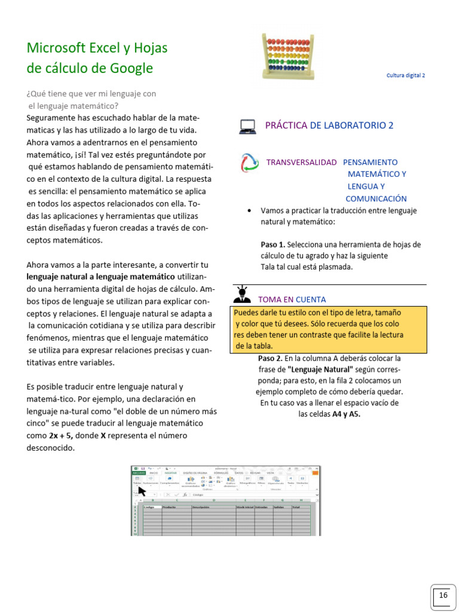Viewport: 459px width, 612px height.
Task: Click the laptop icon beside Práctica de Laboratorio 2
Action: point(247,126)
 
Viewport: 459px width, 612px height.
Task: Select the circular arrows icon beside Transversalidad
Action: point(249,163)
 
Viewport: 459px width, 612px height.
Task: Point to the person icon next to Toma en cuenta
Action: point(242,294)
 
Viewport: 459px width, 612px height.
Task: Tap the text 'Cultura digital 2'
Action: point(406,76)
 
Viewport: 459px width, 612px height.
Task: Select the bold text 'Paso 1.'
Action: point(273,244)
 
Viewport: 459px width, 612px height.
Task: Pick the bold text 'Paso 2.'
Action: point(270,359)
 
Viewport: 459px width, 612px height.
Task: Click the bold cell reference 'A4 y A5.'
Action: point(346,413)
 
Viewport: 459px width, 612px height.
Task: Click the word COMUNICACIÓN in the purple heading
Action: point(376,198)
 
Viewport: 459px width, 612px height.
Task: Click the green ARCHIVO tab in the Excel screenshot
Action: point(139,472)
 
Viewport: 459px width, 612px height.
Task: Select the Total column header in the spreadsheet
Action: point(296,507)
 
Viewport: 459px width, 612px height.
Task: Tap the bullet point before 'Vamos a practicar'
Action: point(249,211)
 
